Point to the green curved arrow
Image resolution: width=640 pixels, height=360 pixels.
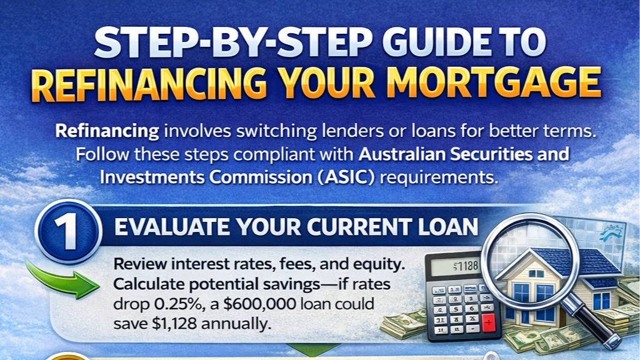62,281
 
